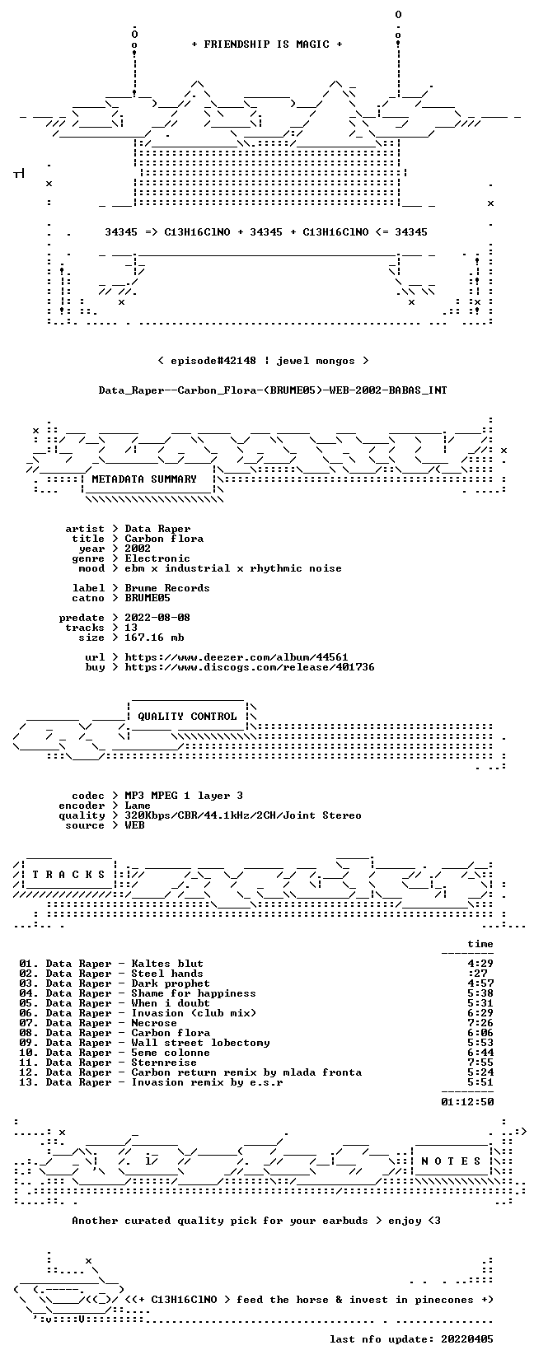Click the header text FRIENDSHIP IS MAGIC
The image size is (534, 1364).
[267, 44]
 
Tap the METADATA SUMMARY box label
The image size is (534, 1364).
[144, 479]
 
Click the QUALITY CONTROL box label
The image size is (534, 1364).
[187, 717]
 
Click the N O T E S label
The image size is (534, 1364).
[452, 1161]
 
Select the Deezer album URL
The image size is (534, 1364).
[237, 657]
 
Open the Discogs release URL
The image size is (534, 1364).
[250, 667]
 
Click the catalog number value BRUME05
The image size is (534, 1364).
[148, 598]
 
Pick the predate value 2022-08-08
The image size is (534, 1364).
[157, 618]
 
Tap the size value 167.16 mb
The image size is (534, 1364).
[154, 638]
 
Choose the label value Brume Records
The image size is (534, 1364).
[166, 588]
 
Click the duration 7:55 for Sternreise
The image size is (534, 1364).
[480, 1063]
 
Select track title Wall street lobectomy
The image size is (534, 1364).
[200, 1043]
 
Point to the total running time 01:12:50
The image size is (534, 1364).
[467, 1102]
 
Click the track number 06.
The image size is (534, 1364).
[27, 1013]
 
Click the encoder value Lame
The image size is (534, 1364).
[138, 806]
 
